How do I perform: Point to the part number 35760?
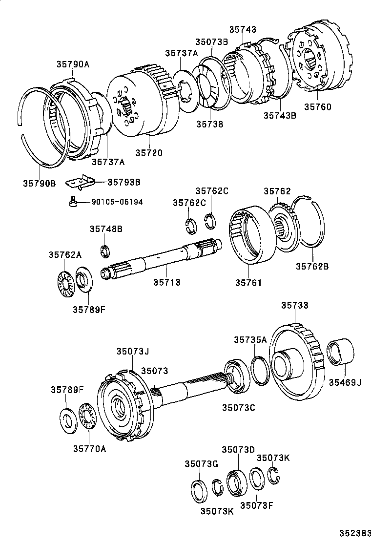tap(317, 106)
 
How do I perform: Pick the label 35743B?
tap(280, 116)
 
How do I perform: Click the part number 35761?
tap(249, 283)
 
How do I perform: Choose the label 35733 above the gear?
tap(295, 306)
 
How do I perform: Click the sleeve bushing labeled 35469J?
tap(338, 353)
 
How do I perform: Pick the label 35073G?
tap(201, 464)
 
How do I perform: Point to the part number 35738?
tap(209, 125)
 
